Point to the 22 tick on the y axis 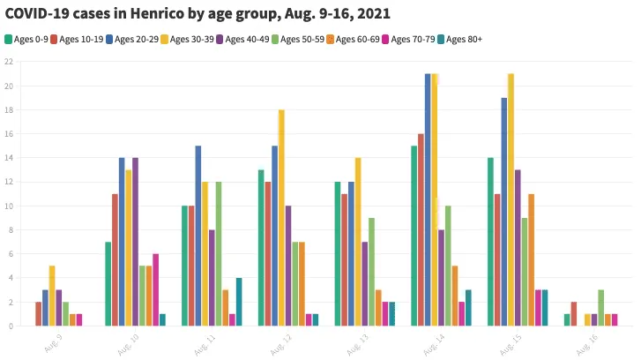[8, 62]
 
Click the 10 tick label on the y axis [8, 206]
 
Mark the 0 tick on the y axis [10, 326]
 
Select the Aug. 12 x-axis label [281, 341]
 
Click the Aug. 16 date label [587, 341]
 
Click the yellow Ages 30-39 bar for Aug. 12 [281, 218]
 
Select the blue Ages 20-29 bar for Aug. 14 [428, 199]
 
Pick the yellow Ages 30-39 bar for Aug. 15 [511, 199]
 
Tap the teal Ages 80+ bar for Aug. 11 [239, 303]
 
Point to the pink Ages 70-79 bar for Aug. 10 [156, 290]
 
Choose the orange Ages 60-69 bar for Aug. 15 [532, 260]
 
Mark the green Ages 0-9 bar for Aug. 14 [414, 236]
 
